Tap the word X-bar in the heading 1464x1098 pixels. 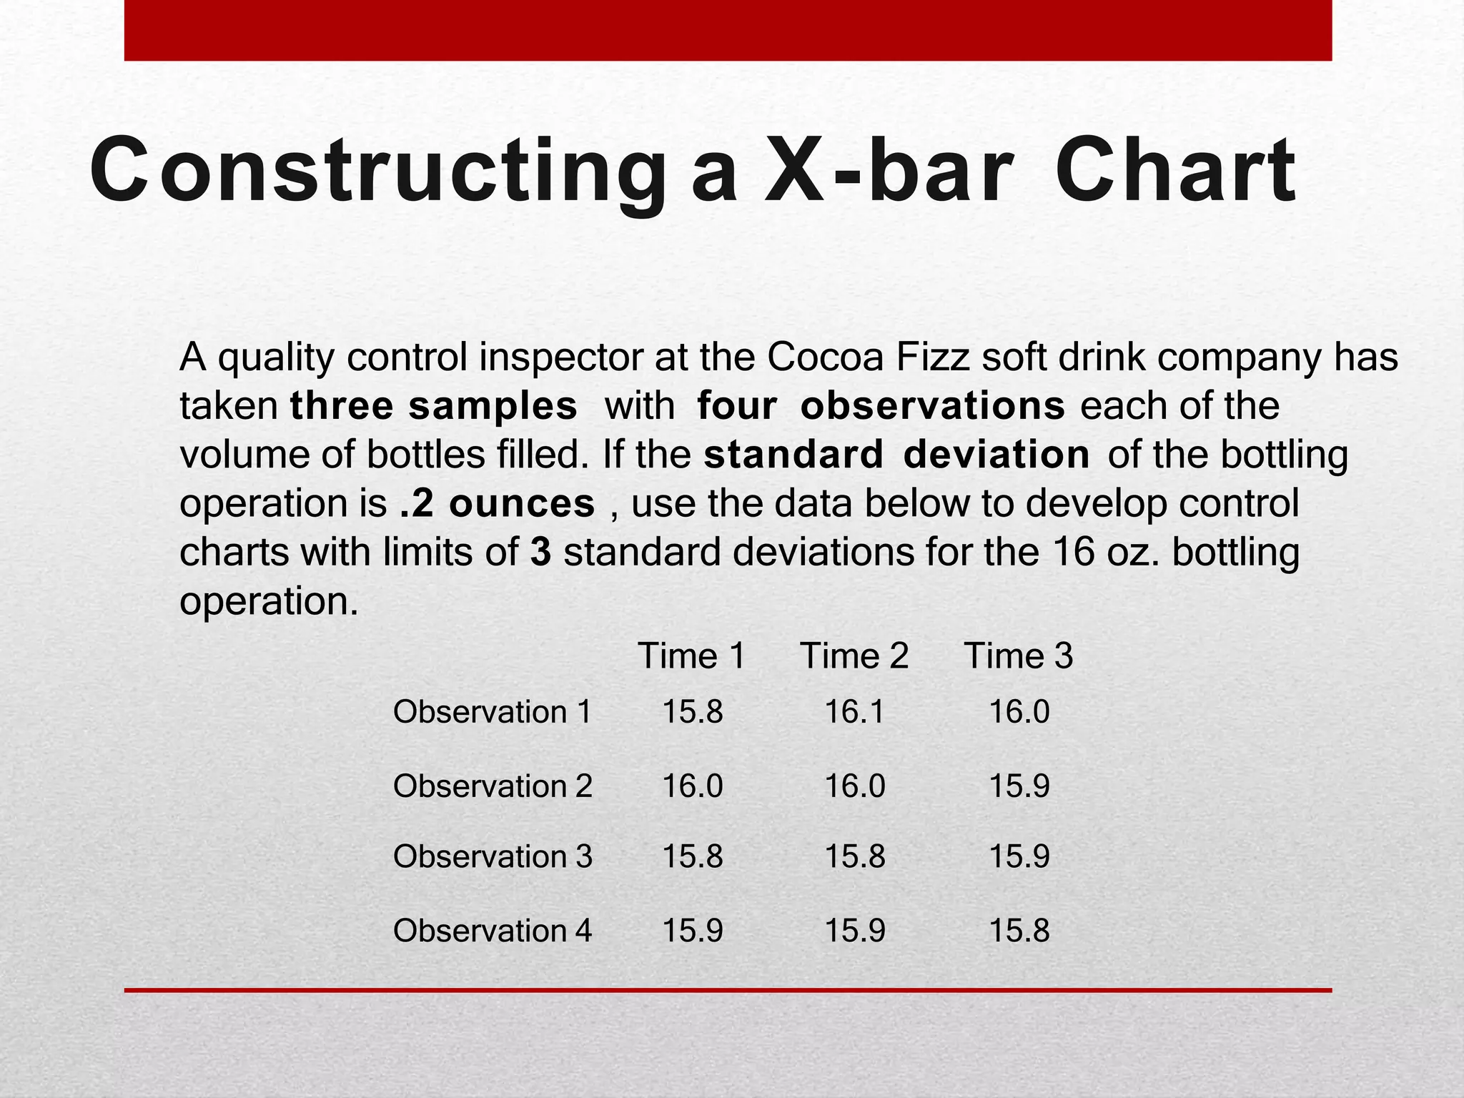pos(889,172)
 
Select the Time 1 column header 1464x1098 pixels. pos(691,656)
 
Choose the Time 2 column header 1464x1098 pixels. pos(854,656)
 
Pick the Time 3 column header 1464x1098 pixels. pos(1019,656)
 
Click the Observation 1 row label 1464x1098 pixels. pos(493,712)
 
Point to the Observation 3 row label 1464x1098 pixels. pos(493,856)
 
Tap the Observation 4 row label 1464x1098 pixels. pos(493,931)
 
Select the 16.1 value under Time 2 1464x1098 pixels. pos(854,712)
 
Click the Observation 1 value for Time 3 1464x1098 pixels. pos(1019,712)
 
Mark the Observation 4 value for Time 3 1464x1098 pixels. pos(1019,931)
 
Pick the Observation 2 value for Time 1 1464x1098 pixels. pos(693,786)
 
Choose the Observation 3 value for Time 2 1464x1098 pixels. pos(855,856)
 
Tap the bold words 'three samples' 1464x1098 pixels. pos(433,406)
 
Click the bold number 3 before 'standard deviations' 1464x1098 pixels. pos(540,553)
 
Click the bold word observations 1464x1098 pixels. pos(933,406)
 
